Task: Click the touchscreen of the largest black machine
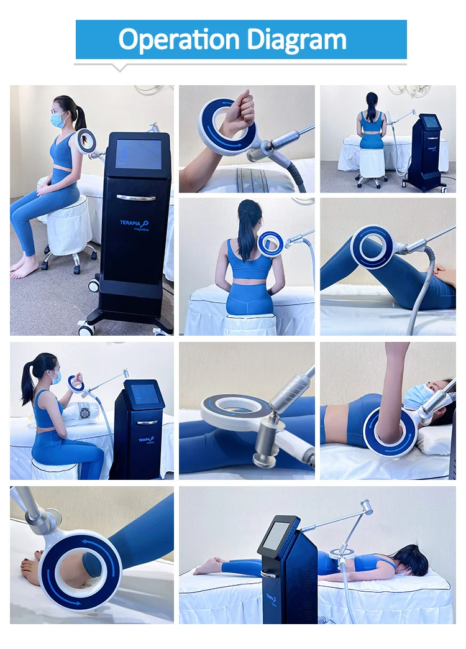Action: coord(138,154)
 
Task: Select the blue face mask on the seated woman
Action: coord(59,119)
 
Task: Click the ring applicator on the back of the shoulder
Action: coord(271,243)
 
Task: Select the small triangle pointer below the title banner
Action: coord(120,68)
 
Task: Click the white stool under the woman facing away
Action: coord(372,163)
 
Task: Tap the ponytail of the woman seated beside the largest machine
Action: coord(80,117)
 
